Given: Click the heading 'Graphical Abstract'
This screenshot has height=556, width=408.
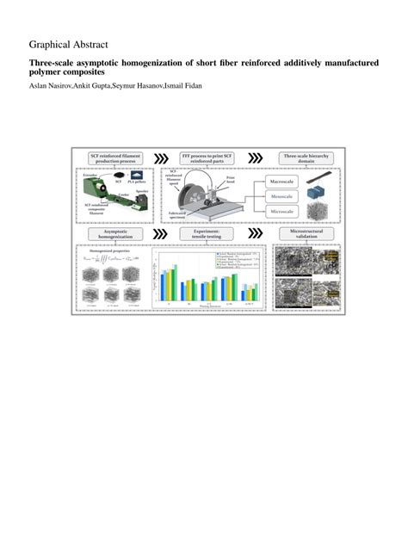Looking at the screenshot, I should pyautogui.click(x=68, y=44).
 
